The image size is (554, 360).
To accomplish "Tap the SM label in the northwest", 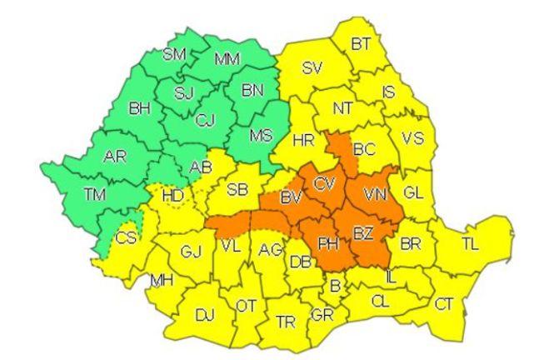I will point(174,55).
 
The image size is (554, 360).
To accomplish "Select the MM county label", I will point(227,59).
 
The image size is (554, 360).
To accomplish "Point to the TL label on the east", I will point(471,244).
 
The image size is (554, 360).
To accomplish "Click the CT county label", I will point(444,304).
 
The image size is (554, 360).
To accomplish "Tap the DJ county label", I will point(204,315).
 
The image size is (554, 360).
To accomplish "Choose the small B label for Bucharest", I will point(336,287).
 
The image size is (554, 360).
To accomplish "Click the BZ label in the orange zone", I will point(362,233).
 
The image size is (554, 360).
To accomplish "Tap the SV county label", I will point(312,68).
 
